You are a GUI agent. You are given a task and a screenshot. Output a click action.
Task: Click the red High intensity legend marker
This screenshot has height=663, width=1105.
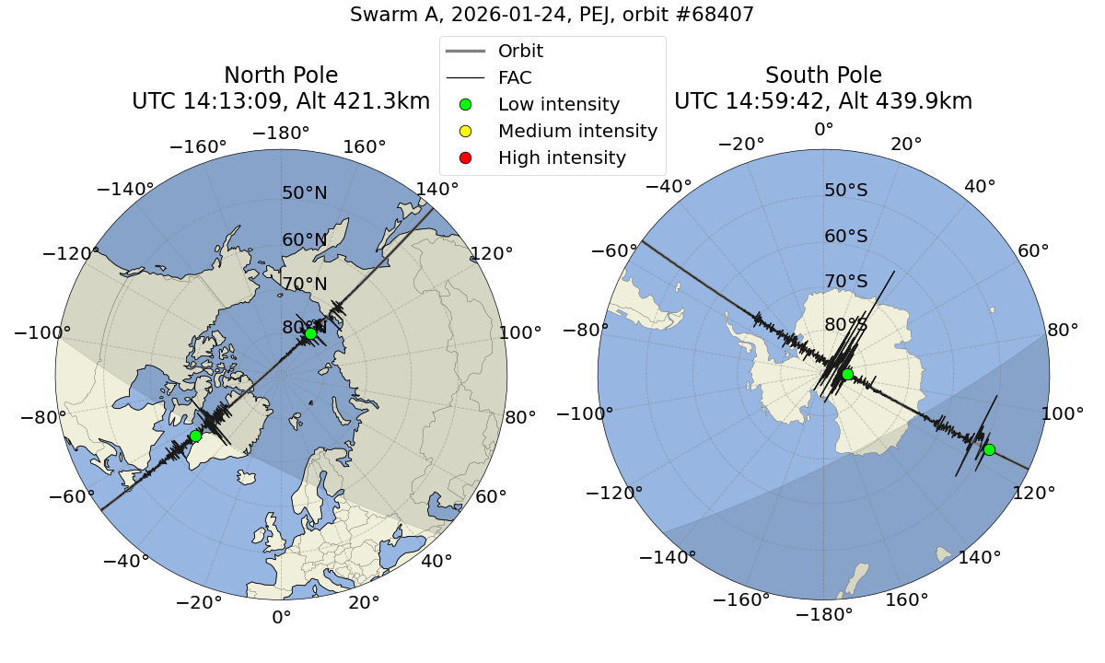click(465, 158)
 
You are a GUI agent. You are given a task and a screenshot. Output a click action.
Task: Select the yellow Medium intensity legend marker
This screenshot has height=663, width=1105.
click(465, 132)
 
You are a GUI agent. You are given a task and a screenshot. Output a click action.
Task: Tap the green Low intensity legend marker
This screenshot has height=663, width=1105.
click(465, 105)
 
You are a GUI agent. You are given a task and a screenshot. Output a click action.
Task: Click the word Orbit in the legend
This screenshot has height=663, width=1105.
click(520, 52)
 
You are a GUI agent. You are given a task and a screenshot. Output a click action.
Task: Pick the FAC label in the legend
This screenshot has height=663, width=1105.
click(515, 78)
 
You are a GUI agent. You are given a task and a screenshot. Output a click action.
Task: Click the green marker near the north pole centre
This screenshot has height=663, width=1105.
click(311, 333)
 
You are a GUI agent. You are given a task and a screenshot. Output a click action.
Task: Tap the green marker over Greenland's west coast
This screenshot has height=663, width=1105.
click(195, 436)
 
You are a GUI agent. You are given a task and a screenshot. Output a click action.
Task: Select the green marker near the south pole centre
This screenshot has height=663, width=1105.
click(847, 374)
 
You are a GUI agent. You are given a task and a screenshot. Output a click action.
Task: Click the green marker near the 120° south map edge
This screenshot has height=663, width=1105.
click(989, 449)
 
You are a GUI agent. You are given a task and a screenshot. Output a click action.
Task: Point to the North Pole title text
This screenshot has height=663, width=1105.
click(281, 76)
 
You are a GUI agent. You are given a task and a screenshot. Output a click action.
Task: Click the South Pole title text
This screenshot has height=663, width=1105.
click(823, 76)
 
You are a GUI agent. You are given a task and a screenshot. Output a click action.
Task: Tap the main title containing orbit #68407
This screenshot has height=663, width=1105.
click(552, 15)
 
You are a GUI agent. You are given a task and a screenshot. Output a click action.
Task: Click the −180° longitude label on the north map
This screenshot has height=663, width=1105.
click(281, 134)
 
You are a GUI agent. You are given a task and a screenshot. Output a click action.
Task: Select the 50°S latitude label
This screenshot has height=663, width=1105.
click(846, 191)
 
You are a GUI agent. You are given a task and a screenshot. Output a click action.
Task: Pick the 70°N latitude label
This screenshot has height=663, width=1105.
click(305, 285)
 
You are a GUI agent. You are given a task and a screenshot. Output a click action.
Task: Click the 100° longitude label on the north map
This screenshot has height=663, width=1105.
click(520, 333)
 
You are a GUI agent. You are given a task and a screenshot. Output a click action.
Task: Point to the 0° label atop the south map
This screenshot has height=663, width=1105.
click(823, 130)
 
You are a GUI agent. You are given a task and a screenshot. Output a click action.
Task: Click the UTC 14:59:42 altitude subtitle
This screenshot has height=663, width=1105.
click(823, 101)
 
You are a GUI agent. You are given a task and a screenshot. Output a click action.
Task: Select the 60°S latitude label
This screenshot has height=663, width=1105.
click(846, 237)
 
